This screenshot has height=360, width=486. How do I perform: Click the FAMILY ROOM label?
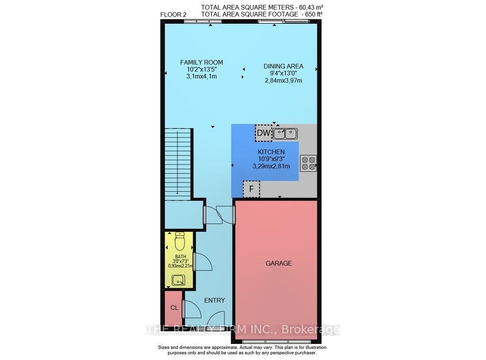202,62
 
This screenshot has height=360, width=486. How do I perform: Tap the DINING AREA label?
283,66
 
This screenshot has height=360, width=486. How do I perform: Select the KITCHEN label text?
271,152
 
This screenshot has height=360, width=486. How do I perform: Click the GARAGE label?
278,263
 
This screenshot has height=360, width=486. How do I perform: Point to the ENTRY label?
214,301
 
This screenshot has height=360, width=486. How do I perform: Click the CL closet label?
174,308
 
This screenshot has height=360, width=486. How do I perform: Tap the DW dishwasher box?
264,133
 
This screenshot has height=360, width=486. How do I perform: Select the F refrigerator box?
251,189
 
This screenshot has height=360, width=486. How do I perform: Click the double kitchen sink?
285,134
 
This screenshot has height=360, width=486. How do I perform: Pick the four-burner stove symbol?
309,163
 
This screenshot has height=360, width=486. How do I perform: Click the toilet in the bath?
179,241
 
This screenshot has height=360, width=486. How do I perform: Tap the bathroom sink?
178,280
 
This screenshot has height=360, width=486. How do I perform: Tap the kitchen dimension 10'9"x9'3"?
271,159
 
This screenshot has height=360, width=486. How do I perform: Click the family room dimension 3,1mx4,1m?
202,76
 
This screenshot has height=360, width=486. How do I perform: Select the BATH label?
181,257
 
